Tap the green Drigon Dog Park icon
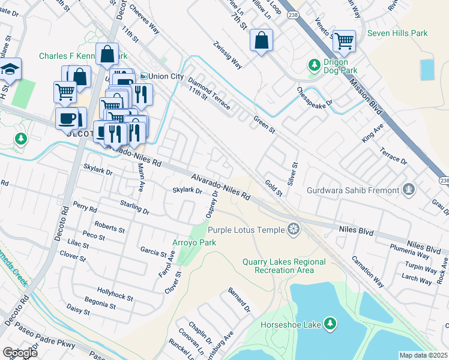(313, 64)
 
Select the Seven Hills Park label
(397, 33)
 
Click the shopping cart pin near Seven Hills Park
(344, 41)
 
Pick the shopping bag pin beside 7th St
(261, 41)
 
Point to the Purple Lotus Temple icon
(293, 229)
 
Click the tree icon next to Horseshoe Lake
(329, 324)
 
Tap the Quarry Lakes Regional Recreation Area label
(284, 266)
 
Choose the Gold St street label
(273, 187)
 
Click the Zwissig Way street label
(228, 55)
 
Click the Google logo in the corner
(20, 353)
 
